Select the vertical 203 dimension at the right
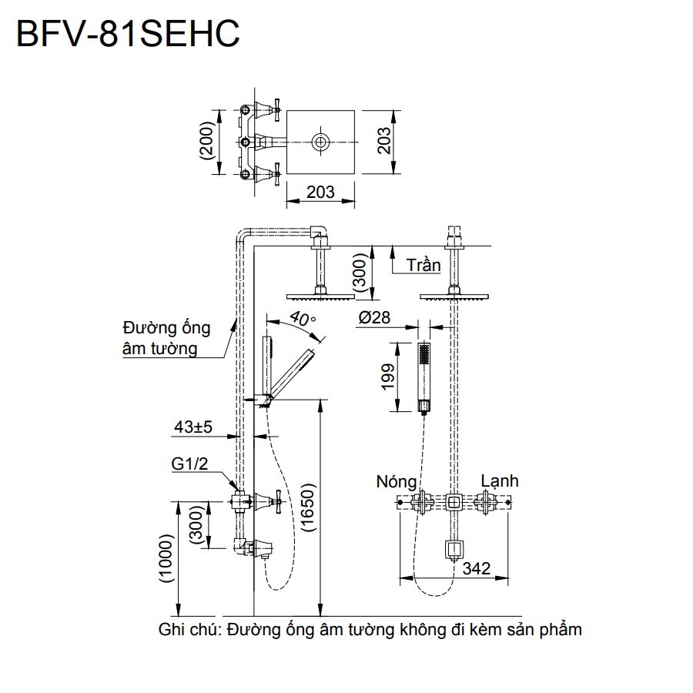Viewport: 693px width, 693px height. pos(385,140)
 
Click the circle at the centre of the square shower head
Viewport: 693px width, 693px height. pos(320,142)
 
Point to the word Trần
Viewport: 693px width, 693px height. pos(424,266)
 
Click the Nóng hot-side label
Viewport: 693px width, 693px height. pos(397,483)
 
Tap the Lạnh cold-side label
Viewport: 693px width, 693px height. pos(499,481)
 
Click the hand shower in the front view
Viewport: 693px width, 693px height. pos(423,377)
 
